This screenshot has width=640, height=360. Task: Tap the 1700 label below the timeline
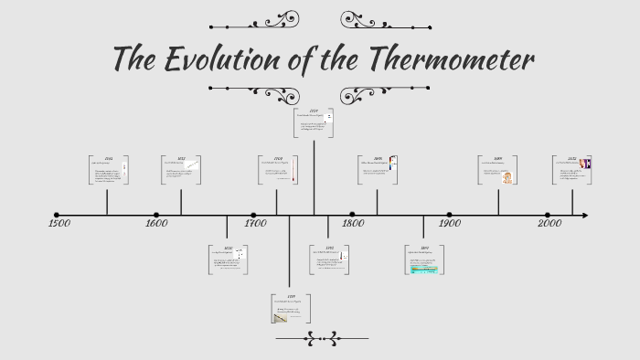coord(256,224)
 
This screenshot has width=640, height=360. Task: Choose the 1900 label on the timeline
coord(448,224)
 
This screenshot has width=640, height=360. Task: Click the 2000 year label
coord(549,224)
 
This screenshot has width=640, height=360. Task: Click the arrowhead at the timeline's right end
coord(583,216)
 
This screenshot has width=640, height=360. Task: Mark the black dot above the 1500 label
coord(57,216)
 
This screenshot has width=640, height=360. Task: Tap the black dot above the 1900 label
coord(449,216)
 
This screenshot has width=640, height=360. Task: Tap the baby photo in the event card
coord(507,176)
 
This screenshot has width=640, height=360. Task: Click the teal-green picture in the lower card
coord(425,270)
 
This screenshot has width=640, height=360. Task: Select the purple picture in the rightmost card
coord(584,164)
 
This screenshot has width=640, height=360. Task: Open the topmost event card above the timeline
coord(314,123)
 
